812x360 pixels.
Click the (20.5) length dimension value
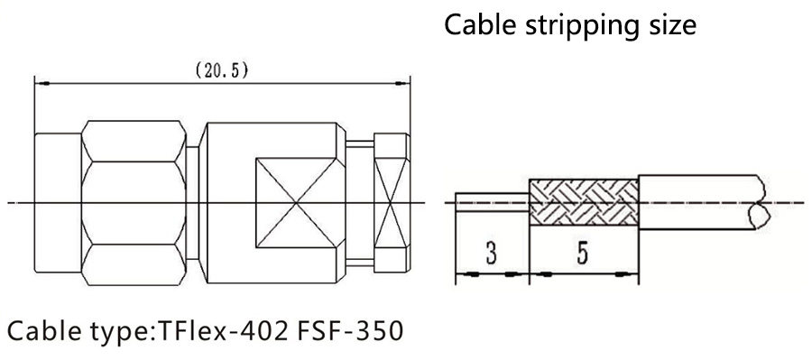pyautogui.click(x=222, y=71)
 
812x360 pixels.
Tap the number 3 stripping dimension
pyautogui.click(x=492, y=254)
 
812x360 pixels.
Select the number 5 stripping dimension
pyautogui.click(x=583, y=254)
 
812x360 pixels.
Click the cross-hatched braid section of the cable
pyautogui.click(x=583, y=202)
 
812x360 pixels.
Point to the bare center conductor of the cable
pyautogui.click(x=492, y=202)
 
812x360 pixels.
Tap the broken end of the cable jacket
pyautogui.click(x=761, y=202)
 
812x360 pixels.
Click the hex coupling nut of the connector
pyautogui.click(x=134, y=202)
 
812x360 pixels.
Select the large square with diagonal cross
pyautogui.click(x=296, y=202)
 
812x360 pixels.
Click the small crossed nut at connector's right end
pyautogui.click(x=392, y=202)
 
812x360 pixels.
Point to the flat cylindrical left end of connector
pyautogui.click(x=58, y=202)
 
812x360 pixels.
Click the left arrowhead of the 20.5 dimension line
pyautogui.click(x=43, y=83)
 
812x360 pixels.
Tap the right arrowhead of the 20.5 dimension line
pyautogui.click(x=401, y=83)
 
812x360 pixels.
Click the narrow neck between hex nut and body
pyautogui.click(x=192, y=202)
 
